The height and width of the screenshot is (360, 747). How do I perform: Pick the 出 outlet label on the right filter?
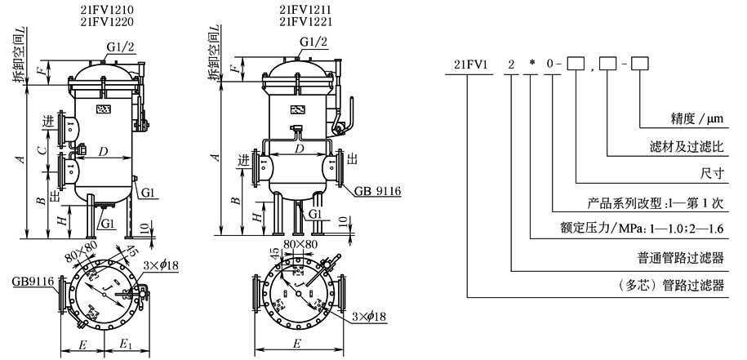(353, 160)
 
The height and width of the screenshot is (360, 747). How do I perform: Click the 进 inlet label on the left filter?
(48, 122)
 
